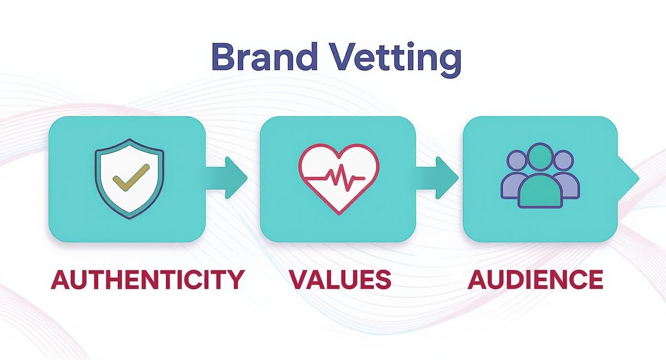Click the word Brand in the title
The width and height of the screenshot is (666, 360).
coord(264,56)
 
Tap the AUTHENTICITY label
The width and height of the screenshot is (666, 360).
coord(148,280)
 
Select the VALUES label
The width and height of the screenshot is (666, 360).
coord(341,280)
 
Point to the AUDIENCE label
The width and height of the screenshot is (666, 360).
coord(535,280)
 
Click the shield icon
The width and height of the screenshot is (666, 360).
coord(129,179)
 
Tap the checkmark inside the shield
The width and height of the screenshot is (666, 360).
coord(131,177)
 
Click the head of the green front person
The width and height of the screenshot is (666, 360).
coord(540,157)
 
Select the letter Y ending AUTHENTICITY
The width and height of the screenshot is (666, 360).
coord(235,280)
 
